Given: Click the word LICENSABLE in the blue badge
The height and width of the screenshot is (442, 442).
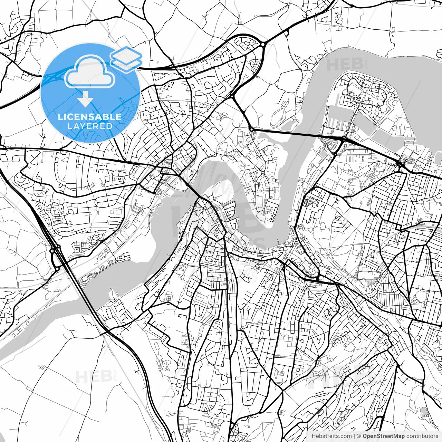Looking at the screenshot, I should pos(90,117).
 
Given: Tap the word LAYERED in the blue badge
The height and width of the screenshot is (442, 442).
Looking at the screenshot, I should pos(90,126).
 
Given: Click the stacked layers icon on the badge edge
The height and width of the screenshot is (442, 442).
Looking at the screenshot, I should pos(126,59).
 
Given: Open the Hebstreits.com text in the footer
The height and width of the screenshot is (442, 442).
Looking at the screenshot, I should pos(331,436).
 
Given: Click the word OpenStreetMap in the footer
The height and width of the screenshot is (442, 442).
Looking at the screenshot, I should pos(384,436).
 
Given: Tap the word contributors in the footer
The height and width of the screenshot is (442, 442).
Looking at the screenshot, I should pos(422,436).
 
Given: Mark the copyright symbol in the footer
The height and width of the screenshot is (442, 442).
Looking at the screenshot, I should pos(359,436).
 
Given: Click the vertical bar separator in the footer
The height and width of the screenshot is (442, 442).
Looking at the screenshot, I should pos(355,436).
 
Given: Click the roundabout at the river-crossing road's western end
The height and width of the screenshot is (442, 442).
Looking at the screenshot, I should pos(252,129).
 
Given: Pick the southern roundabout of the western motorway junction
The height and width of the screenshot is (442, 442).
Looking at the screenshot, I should pos(57,269).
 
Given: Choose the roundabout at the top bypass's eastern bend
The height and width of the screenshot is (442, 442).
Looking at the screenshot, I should pos(263,44).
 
